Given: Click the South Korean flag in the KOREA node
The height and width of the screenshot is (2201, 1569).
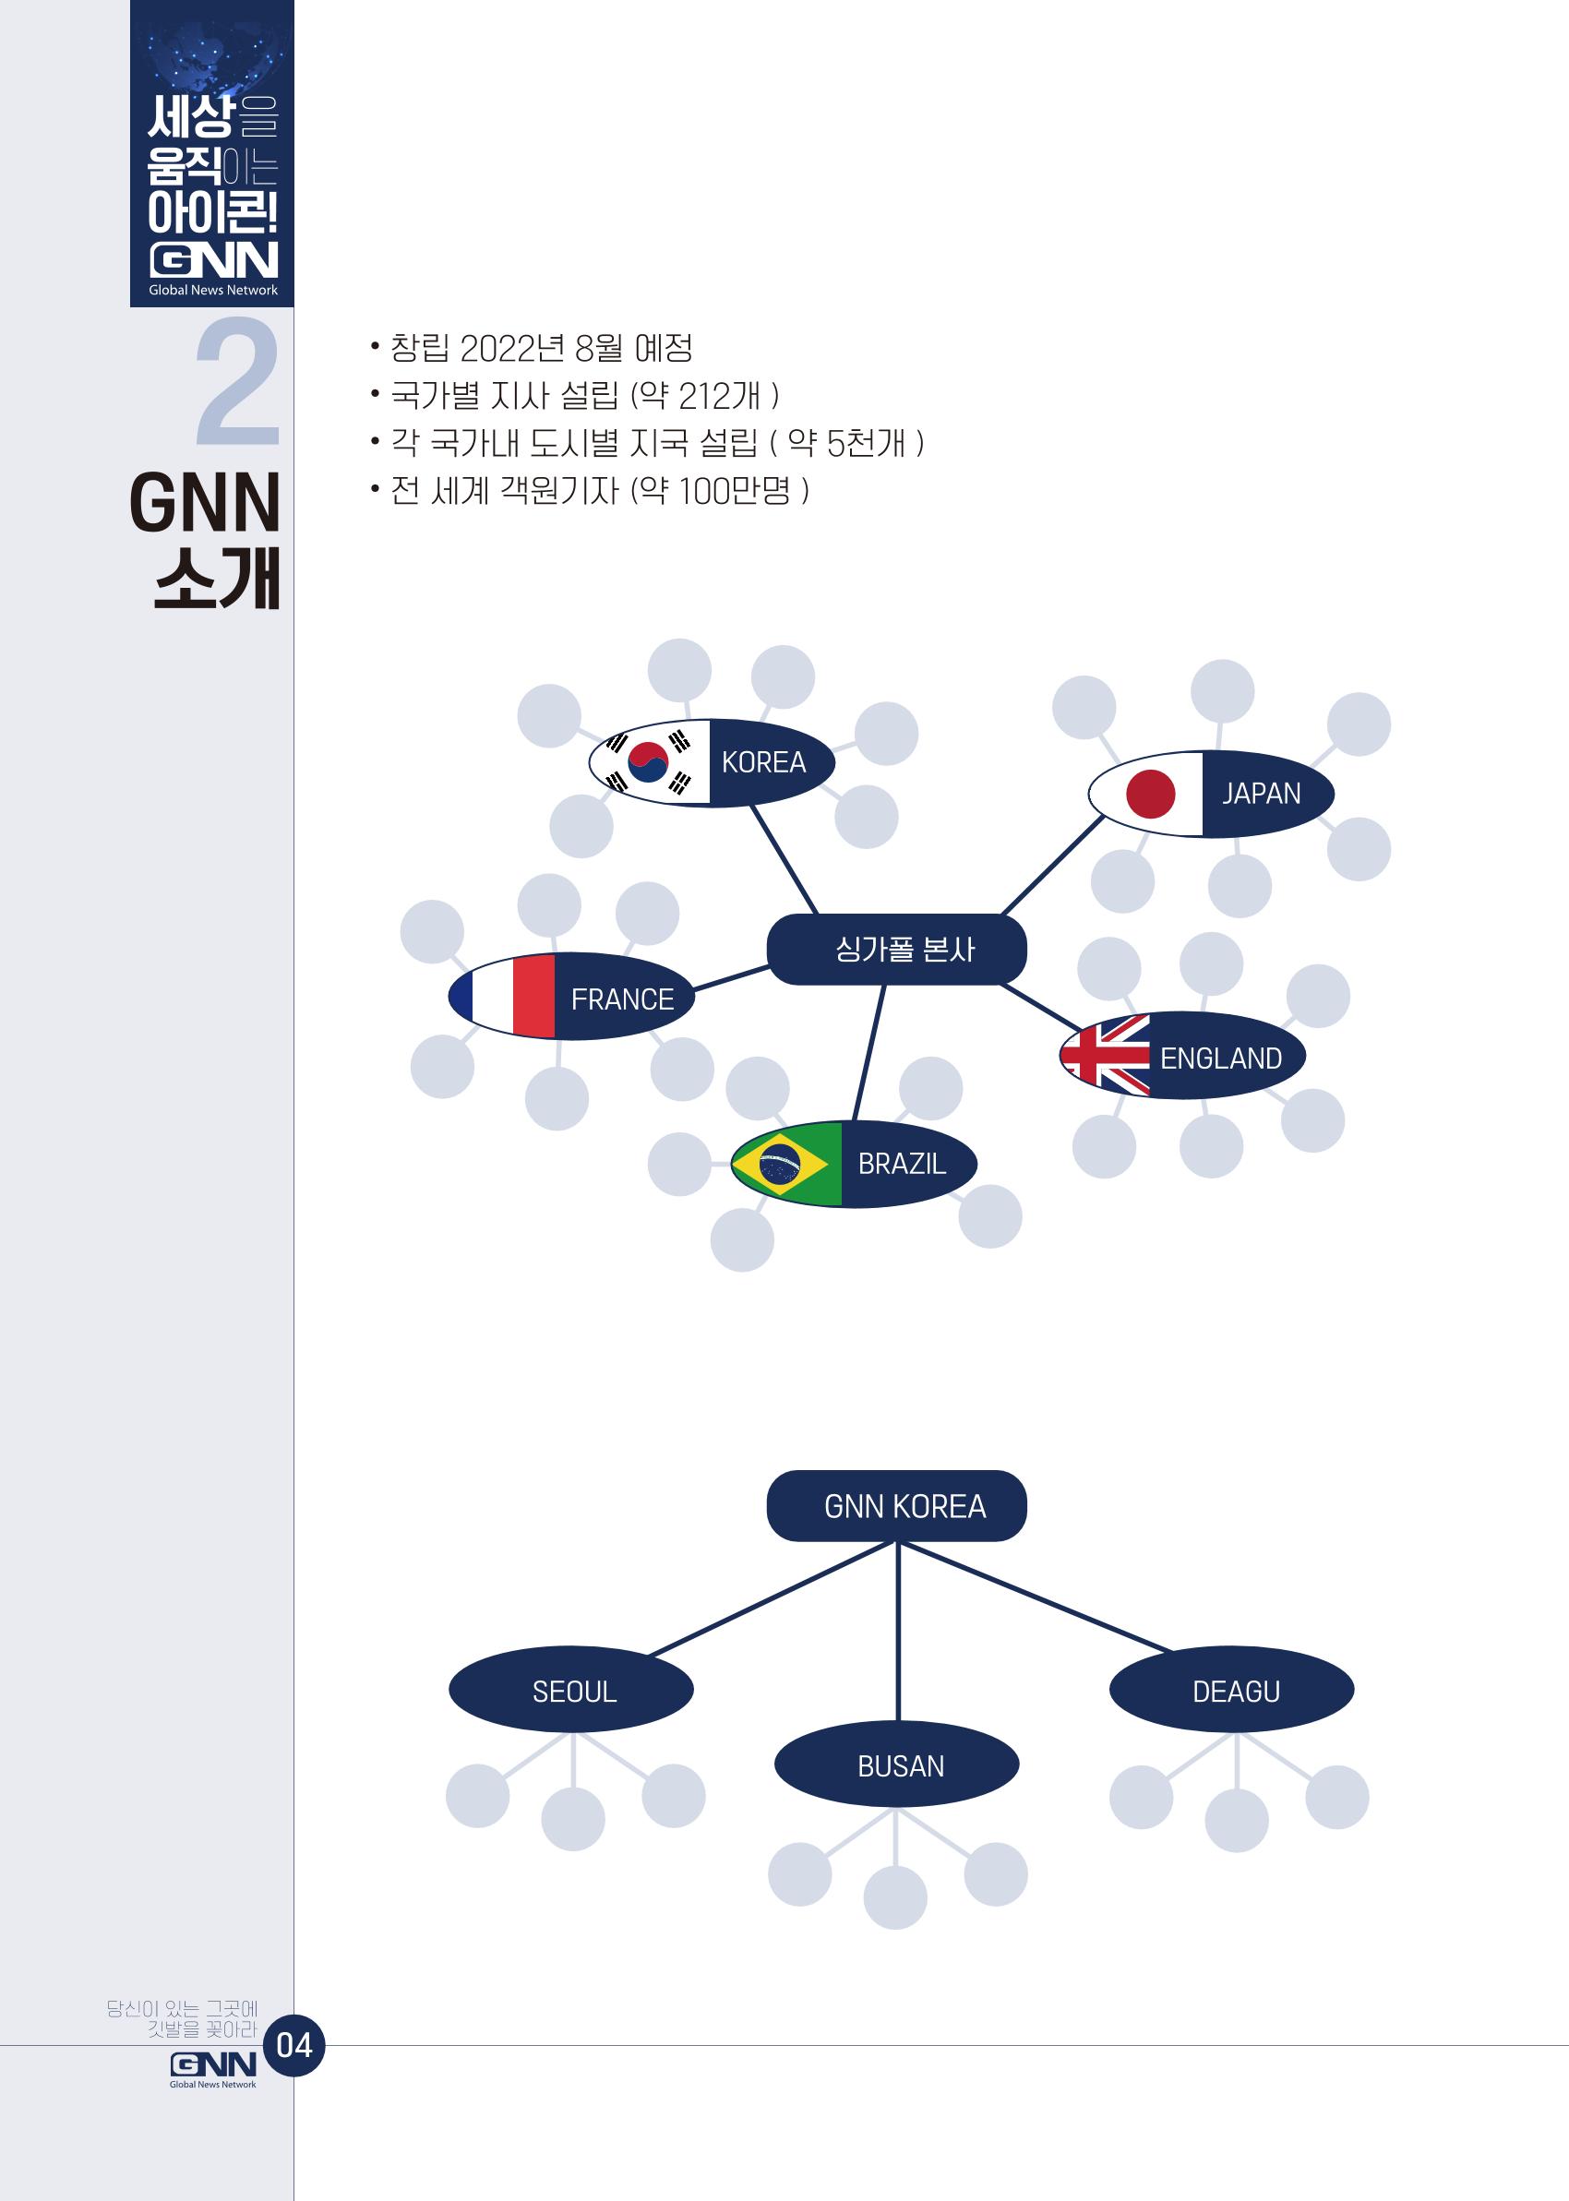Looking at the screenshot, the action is [650, 762].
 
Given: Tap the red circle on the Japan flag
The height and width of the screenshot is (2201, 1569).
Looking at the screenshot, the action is [1151, 794].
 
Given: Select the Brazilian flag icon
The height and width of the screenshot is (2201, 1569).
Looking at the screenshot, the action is [786, 1164].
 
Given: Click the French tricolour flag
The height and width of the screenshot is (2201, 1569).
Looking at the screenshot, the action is [502, 997].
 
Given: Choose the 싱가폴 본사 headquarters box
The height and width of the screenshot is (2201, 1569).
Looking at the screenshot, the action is [896, 950].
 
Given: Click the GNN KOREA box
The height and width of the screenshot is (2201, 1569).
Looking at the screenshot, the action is [896, 1506].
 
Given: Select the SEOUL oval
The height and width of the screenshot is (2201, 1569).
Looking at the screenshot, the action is [571, 1689].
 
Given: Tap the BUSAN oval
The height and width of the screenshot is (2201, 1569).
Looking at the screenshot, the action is [896, 1764].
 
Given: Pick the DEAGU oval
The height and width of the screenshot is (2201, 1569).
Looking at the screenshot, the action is [1232, 1689].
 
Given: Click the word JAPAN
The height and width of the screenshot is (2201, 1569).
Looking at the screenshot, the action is [1262, 794].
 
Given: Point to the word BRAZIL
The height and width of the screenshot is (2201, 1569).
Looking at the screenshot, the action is [903, 1164].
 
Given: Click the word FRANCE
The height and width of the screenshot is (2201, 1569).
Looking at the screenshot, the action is [622, 999].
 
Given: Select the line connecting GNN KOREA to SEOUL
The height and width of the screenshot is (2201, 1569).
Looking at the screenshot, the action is [771, 1598].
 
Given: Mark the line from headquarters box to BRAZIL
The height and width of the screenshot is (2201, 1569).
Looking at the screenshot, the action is [868, 1054].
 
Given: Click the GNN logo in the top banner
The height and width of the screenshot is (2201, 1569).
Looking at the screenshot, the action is [213, 261].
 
